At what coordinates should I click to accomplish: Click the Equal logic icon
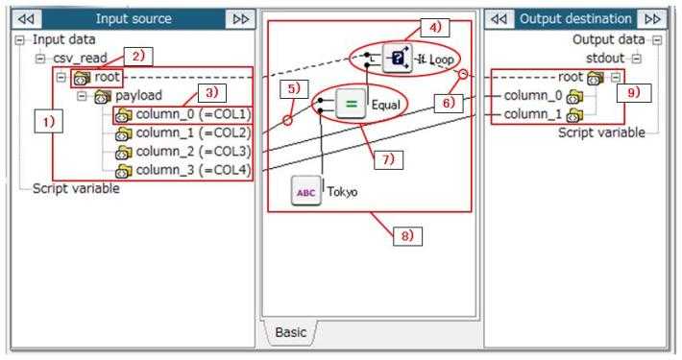[352, 101]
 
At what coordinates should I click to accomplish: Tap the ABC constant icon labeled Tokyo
[307, 192]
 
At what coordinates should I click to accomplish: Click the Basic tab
[290, 332]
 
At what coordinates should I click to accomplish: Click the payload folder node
[138, 96]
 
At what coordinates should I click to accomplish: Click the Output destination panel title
[574, 19]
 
